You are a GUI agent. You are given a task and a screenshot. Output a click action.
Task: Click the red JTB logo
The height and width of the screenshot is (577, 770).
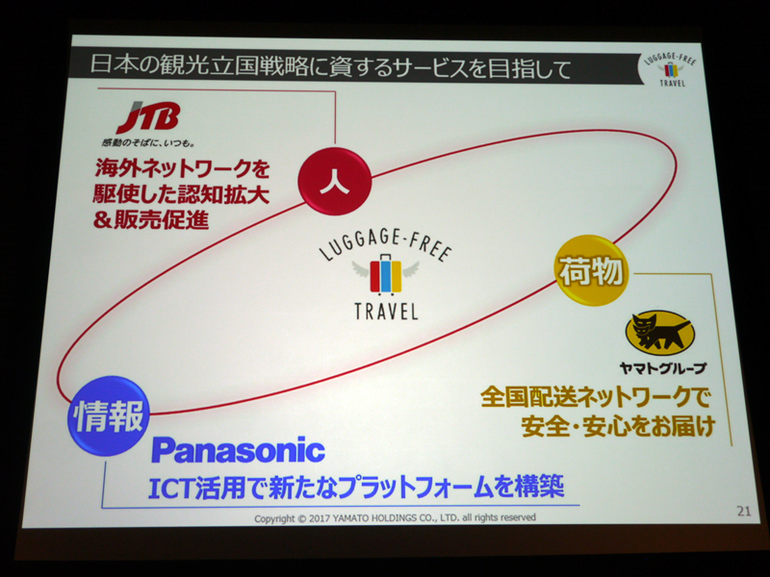pos(148,116)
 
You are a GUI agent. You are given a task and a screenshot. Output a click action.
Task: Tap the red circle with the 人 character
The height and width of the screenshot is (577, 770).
pos(334,181)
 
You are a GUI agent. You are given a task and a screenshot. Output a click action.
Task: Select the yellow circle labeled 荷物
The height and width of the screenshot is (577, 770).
pos(591,270)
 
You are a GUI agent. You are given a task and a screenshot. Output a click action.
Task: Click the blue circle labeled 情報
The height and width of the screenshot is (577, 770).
pos(108,416)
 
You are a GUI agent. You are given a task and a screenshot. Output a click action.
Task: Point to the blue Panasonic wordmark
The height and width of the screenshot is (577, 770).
pos(238,449)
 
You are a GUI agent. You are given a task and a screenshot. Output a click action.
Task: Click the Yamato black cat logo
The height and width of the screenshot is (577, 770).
pos(660,333)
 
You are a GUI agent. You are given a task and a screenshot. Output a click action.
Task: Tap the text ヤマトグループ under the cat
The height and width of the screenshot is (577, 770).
pos(663,367)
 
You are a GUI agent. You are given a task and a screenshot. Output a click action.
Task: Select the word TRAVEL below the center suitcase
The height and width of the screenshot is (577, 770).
pos(386,311)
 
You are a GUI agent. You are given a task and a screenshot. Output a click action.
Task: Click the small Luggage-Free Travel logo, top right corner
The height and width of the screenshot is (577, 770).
pos(670,68)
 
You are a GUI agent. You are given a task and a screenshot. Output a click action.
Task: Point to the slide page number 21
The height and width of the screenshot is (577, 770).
pos(744,512)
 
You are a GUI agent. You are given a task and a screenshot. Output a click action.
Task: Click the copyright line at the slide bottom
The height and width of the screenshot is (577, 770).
pos(395,517)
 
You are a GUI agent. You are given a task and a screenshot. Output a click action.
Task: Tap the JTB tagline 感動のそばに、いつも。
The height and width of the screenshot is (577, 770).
pos(149,142)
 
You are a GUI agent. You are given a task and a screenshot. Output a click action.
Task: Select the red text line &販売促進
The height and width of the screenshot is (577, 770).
pos(151,220)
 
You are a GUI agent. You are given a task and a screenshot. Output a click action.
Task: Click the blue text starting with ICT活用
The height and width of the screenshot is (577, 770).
pos(356,488)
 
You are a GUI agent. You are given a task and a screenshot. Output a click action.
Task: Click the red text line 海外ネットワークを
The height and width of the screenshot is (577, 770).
pos(182,168)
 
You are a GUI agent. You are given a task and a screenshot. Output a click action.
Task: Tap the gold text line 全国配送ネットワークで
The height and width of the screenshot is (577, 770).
pos(595,396)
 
